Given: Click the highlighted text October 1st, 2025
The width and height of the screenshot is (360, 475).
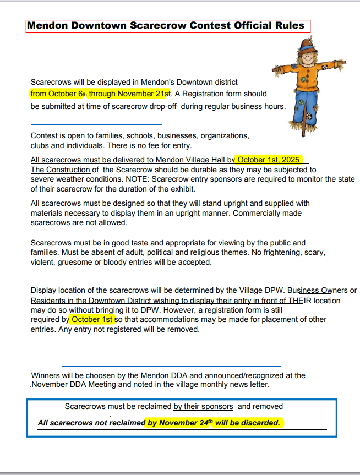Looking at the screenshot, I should click(x=269, y=160).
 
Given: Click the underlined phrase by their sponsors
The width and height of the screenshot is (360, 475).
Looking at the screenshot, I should click(x=203, y=406).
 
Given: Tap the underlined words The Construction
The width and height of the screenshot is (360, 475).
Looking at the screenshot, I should click(x=61, y=170).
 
